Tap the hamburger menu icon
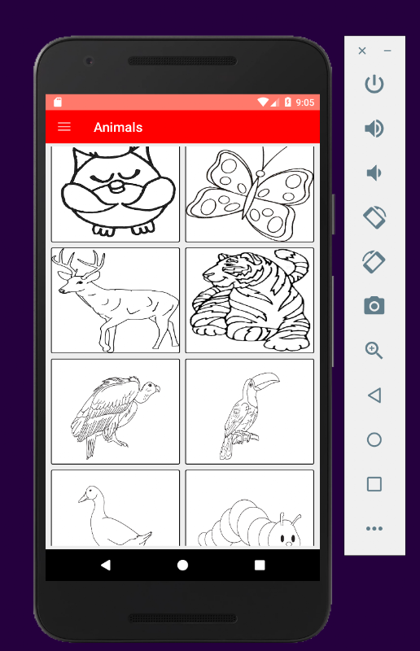(x=64, y=127)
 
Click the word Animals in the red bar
(x=118, y=127)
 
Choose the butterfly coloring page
(x=249, y=194)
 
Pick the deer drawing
(x=116, y=300)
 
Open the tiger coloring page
(x=249, y=300)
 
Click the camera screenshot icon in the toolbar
(x=374, y=306)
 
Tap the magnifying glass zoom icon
(x=374, y=351)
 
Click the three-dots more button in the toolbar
(x=374, y=528)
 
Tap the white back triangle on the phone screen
(x=106, y=565)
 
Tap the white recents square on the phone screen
(x=260, y=565)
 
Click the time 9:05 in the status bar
(x=305, y=103)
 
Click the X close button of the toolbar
(x=362, y=50)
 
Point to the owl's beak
(x=117, y=187)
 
